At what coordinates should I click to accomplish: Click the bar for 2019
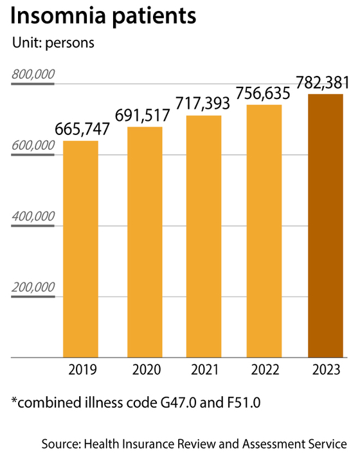[80, 249]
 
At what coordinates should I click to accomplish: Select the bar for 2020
[145, 242]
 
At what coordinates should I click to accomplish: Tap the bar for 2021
[204, 236]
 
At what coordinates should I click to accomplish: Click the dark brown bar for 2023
[325, 226]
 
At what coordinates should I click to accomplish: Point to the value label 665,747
[82, 128]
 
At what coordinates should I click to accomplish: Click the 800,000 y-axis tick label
[33, 75]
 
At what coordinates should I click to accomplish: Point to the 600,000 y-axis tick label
[33, 146]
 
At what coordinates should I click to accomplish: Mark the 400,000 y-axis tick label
[33, 217]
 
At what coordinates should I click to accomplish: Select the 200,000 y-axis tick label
[33, 287]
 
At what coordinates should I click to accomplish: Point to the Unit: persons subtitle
[53, 44]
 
